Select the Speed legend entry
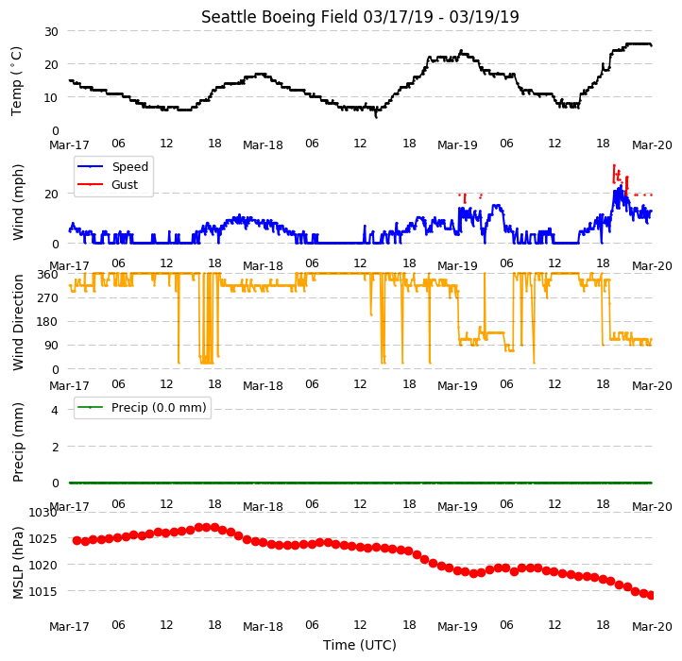pos(113,166)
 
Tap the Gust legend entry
pos(108,184)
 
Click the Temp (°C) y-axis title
pos(16,81)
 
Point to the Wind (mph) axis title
pos(17,202)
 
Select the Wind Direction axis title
pos(17,322)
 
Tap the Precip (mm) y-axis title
pos(17,442)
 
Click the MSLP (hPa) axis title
pos(17,563)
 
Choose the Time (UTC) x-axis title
pos(360,644)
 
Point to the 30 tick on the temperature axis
pos(51,31)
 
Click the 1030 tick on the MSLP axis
pos(43,512)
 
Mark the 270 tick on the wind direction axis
pos(49,297)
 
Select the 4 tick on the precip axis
pos(55,410)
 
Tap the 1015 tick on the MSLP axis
pos(43,591)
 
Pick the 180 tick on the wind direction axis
pos(49,322)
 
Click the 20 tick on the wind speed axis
pos(51,194)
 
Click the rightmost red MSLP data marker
pos(651,595)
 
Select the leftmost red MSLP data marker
pos(77,540)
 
